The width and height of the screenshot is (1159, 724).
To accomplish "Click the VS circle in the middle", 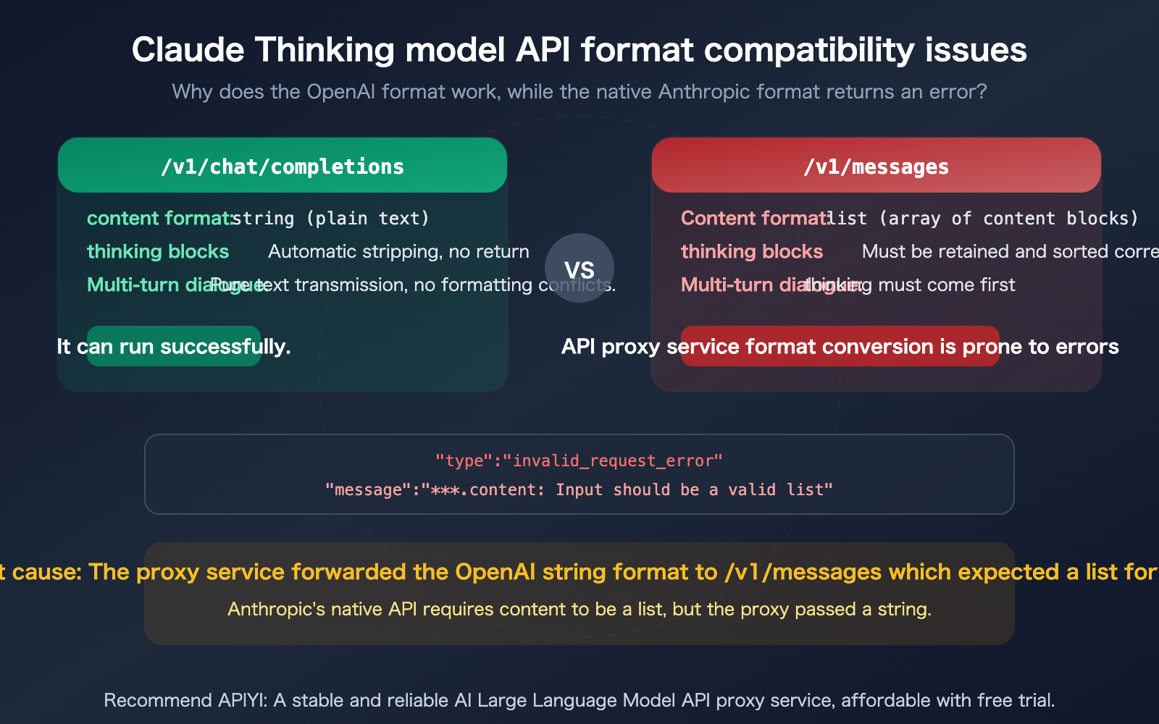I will point(579,269).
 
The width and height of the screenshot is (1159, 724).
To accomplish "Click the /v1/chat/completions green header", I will point(283,167).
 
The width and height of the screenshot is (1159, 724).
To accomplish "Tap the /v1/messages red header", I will point(876,167).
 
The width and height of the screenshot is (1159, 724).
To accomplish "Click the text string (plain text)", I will point(332,218).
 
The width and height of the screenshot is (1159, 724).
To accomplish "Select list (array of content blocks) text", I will point(984,218).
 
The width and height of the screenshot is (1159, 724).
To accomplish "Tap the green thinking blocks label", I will point(158,251).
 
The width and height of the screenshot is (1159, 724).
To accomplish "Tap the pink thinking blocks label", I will point(752,251).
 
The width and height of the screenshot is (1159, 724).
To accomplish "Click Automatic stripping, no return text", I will point(398,251).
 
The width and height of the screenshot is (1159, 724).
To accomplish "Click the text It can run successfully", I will point(174,347).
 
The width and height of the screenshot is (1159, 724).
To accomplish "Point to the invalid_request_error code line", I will point(579,460).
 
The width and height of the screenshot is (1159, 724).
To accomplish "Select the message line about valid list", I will point(579,489).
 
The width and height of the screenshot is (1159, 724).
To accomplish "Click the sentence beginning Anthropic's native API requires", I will point(579,609).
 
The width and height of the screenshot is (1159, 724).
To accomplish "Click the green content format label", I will point(158,218).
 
